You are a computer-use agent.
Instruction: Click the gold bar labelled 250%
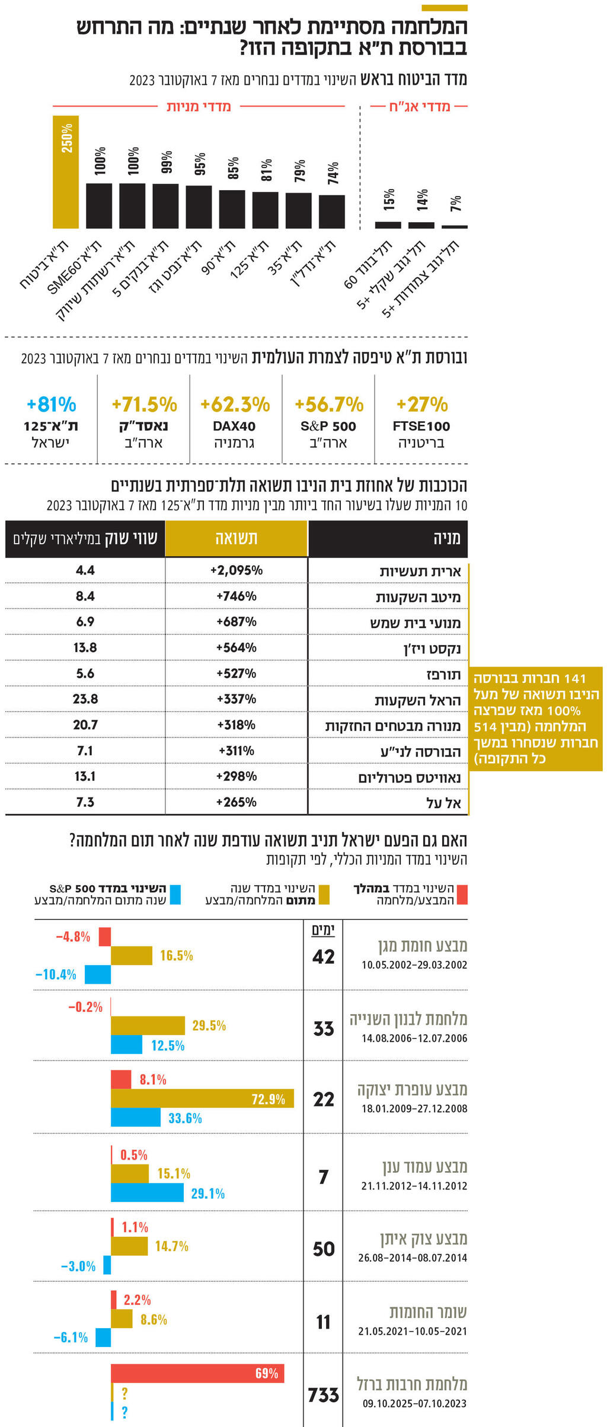click(66, 172)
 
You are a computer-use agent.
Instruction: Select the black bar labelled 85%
click(232, 209)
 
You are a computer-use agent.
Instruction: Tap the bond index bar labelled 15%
click(388, 225)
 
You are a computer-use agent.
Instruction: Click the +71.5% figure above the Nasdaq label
click(144, 405)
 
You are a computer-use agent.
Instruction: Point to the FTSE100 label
click(421, 426)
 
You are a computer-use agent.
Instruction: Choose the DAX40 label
click(234, 426)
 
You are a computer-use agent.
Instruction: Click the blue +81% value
click(51, 405)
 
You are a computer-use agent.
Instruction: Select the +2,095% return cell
click(237, 570)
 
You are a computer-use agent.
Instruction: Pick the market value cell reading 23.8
click(85, 699)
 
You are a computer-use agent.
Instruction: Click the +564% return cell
click(237, 647)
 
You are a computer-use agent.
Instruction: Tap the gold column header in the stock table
click(237, 538)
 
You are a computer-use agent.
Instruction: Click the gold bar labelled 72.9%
click(202, 1099)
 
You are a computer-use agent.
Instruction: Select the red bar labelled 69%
click(197, 1373)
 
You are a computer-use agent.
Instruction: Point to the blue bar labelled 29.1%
click(147, 1193)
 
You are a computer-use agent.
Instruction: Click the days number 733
click(324, 1395)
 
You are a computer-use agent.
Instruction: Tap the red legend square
click(462, 894)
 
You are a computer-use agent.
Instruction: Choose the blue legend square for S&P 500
click(175, 894)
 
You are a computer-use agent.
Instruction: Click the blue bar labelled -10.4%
click(98, 974)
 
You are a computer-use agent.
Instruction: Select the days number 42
click(324, 957)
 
